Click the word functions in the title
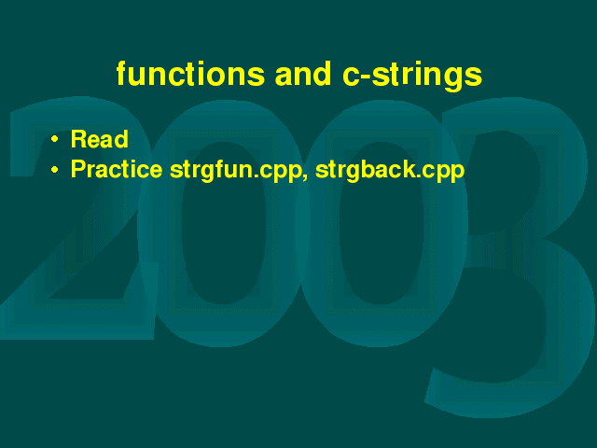[x=190, y=73]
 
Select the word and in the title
[x=303, y=73]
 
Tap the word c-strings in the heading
[x=412, y=77]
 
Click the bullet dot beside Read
[x=55, y=139]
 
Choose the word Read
[x=100, y=139]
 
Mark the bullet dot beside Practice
[x=55, y=170]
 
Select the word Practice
[x=117, y=169]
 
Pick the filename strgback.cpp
[x=390, y=171]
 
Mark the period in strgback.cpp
[x=419, y=176]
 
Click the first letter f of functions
[x=122, y=73]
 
